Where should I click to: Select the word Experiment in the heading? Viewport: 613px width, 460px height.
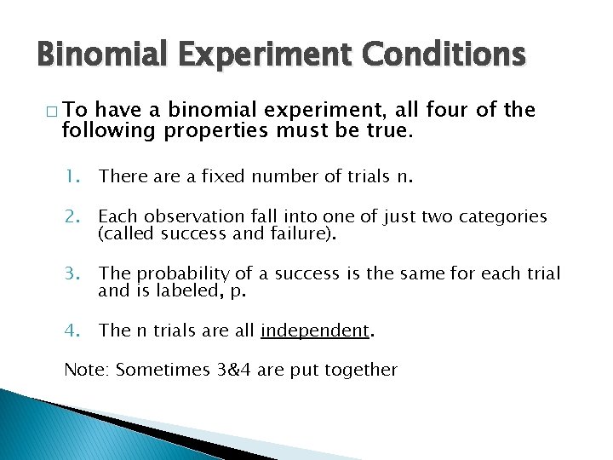click(268, 55)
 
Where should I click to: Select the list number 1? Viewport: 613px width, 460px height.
click(72, 176)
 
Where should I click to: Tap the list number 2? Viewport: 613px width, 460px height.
click(72, 216)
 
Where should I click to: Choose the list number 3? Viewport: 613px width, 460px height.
click(72, 273)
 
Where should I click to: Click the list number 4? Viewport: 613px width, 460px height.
click(72, 331)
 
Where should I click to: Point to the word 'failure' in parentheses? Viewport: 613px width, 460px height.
click(300, 233)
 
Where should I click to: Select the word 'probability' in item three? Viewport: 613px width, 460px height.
click(177, 273)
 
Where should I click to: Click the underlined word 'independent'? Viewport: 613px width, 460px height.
click(315, 331)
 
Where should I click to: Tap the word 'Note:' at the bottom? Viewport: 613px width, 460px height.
click(87, 370)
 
